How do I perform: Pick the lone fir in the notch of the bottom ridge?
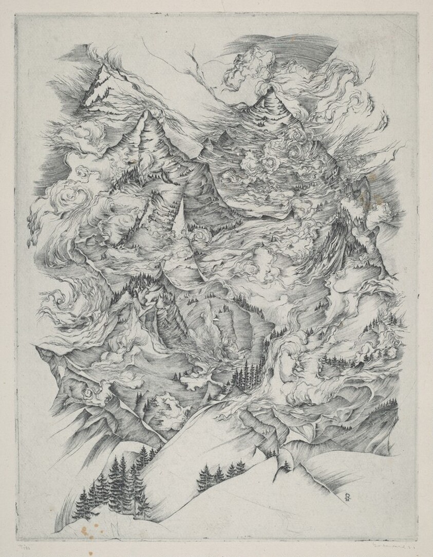click(x=286, y=465)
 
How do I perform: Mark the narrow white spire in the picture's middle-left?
click(x=181, y=216)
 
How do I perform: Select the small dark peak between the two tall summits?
click(x=224, y=136)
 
